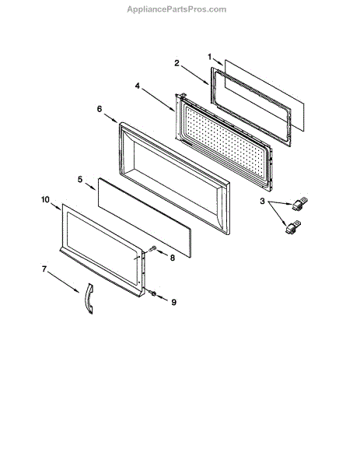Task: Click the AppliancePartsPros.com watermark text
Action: pyautogui.click(x=177, y=9)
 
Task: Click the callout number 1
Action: pyautogui.click(x=210, y=57)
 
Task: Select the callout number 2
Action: pyautogui.click(x=177, y=63)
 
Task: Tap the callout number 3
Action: pyautogui.click(x=262, y=202)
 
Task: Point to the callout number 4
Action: pyautogui.click(x=137, y=86)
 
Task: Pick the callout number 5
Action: pyautogui.click(x=80, y=180)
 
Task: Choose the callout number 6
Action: pyautogui.click(x=100, y=109)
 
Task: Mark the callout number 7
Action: pyautogui.click(x=44, y=269)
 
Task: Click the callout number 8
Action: pyautogui.click(x=173, y=258)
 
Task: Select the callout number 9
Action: pyautogui.click(x=173, y=302)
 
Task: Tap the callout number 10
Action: pyautogui.click(x=45, y=199)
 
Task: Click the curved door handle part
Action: pyautogui.click(x=89, y=298)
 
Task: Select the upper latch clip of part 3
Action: pyautogui.click(x=299, y=204)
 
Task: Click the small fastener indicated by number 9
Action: pyautogui.click(x=152, y=293)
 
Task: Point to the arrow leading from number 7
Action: pyautogui.click(x=64, y=282)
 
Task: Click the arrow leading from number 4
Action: pyautogui.click(x=158, y=100)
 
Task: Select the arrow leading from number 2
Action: pyautogui.click(x=194, y=75)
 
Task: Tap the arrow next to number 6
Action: pyautogui.click(x=110, y=118)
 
